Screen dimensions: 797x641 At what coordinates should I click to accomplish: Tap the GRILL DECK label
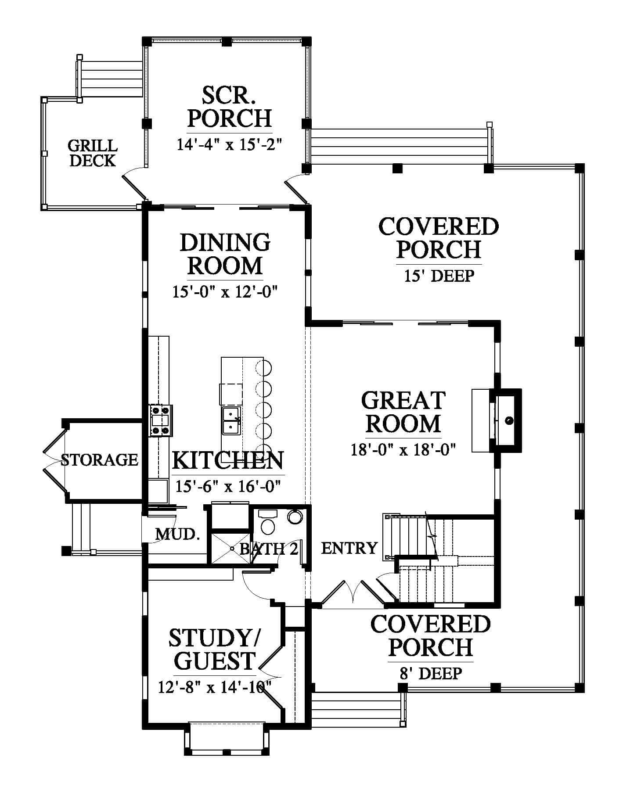tap(93, 153)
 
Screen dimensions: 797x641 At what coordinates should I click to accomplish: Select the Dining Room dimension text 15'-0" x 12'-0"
tap(226, 292)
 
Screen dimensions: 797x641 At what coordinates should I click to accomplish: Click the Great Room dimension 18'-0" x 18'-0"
tap(403, 450)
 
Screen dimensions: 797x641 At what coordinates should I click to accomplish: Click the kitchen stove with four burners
tap(160, 420)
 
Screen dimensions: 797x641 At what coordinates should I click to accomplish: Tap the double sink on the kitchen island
tap(231, 420)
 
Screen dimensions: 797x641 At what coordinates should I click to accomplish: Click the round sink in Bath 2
tap(295, 516)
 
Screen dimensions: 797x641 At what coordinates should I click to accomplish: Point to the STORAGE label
tap(99, 460)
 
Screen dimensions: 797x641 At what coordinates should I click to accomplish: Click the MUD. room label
tap(177, 534)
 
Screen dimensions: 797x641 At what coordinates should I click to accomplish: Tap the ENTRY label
tap(349, 548)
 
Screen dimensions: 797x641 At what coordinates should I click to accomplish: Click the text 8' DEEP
tap(430, 673)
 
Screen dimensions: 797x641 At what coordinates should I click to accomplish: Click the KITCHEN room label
tap(228, 460)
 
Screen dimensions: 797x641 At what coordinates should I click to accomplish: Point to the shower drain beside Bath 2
tap(231, 548)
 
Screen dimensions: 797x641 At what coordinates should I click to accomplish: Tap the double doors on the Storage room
tap(53, 460)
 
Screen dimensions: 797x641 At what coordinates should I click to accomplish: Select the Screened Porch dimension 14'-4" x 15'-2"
tap(228, 144)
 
